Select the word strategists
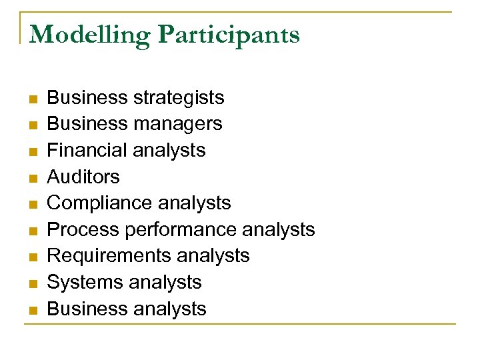pos(179,98)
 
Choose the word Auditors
pos(83,177)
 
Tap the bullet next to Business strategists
pos(32,99)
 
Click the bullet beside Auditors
pos(32,178)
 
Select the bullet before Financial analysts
pos(32,152)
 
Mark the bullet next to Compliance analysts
pos(32,205)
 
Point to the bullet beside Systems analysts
pos(32,284)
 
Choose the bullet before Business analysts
pos(32,310)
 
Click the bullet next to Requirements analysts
pos(32,257)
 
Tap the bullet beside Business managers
pos(32,125)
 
